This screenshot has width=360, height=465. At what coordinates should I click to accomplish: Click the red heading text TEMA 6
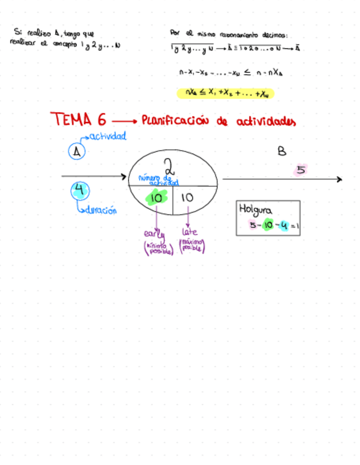(x=78, y=119)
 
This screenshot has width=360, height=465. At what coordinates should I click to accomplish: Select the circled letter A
(x=77, y=151)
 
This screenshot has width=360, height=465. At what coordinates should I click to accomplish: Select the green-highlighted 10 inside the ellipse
(x=156, y=198)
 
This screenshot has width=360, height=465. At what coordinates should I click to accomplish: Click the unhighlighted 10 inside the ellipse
(x=188, y=198)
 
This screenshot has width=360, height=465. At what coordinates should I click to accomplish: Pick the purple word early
(x=155, y=232)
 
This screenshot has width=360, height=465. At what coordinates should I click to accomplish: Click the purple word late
(x=189, y=232)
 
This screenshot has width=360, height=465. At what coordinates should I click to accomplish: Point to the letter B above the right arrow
(x=282, y=152)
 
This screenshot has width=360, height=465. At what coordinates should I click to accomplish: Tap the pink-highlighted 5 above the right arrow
(x=301, y=170)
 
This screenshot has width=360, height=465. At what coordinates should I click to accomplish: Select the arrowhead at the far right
(x=339, y=179)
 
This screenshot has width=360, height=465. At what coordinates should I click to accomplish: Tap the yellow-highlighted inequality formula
(x=226, y=93)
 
